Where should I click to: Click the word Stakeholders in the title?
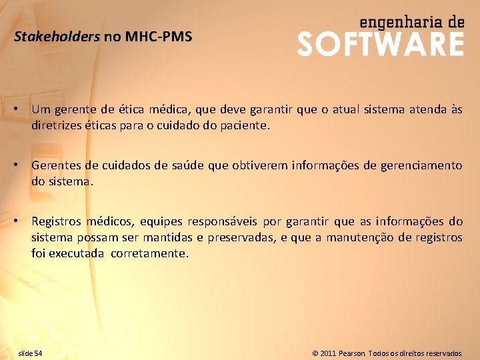57,37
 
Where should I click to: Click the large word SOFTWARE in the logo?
380,44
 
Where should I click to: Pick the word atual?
341,109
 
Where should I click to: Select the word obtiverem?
262,165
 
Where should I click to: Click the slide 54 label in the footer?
30,353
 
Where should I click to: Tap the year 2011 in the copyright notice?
328,353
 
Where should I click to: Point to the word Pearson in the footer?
351,353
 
